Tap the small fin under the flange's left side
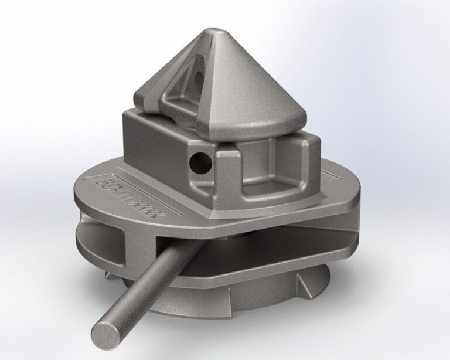click(108, 273)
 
